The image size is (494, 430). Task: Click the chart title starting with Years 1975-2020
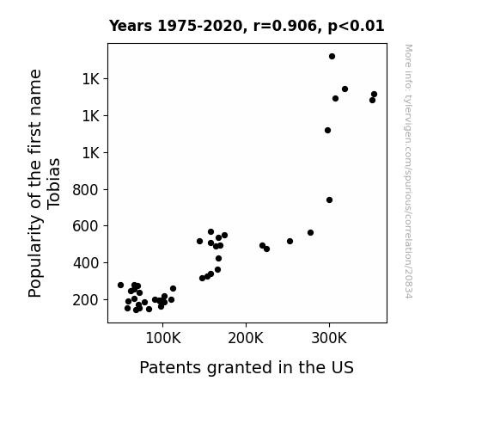pyautogui.click(x=247, y=26)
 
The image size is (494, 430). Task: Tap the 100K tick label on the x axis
pyautogui.click(x=163, y=338)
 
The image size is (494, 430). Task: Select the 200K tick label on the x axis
pyautogui.click(x=246, y=338)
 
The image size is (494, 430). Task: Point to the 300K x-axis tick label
pyautogui.click(x=329, y=338)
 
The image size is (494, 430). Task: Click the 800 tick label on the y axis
pyautogui.click(x=86, y=190)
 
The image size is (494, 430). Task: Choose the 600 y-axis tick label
pyautogui.click(x=86, y=226)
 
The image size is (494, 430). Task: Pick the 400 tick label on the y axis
pyautogui.click(x=86, y=263)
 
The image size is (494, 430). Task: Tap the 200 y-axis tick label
pyautogui.click(x=86, y=299)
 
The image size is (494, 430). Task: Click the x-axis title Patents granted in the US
pyautogui.click(x=247, y=367)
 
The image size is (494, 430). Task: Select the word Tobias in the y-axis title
pyautogui.click(x=54, y=183)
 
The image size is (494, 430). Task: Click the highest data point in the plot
pyautogui.click(x=332, y=57)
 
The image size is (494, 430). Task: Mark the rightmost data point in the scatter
pyautogui.click(x=374, y=94)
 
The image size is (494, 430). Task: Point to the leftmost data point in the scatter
pyautogui.click(x=120, y=285)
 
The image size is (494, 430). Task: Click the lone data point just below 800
pyautogui.click(x=329, y=200)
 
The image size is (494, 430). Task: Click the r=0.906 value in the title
pyautogui.click(x=285, y=26)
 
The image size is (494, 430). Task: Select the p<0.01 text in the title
pyautogui.click(x=356, y=26)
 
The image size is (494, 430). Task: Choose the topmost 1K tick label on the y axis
pyautogui.click(x=91, y=79)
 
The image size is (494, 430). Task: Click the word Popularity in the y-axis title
pyautogui.click(x=35, y=256)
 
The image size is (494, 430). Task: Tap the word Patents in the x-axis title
pyautogui.click(x=170, y=367)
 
